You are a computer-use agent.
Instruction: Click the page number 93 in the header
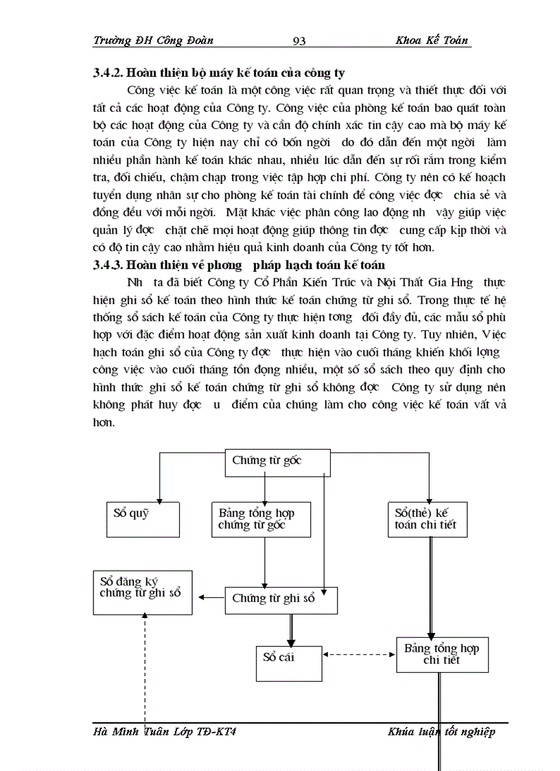pyautogui.click(x=299, y=41)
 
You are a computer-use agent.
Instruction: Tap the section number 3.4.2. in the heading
pyautogui.click(x=110, y=73)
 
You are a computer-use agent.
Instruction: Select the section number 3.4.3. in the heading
pyautogui.click(x=110, y=264)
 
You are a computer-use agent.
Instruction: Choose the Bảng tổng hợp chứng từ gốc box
pyautogui.click(x=261, y=519)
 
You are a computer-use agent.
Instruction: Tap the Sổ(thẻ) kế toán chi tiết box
pyautogui.click(x=427, y=519)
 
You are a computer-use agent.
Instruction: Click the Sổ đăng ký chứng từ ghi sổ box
pyautogui.click(x=142, y=591)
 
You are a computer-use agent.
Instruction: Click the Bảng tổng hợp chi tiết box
pyautogui.click(x=441, y=654)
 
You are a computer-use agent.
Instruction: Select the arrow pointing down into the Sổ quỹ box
pyautogui.click(x=160, y=481)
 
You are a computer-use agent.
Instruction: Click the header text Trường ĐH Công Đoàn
pyautogui.click(x=153, y=41)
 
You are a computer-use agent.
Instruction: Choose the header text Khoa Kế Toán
pyautogui.click(x=432, y=41)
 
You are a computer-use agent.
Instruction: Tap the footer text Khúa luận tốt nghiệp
pyautogui.click(x=441, y=732)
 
